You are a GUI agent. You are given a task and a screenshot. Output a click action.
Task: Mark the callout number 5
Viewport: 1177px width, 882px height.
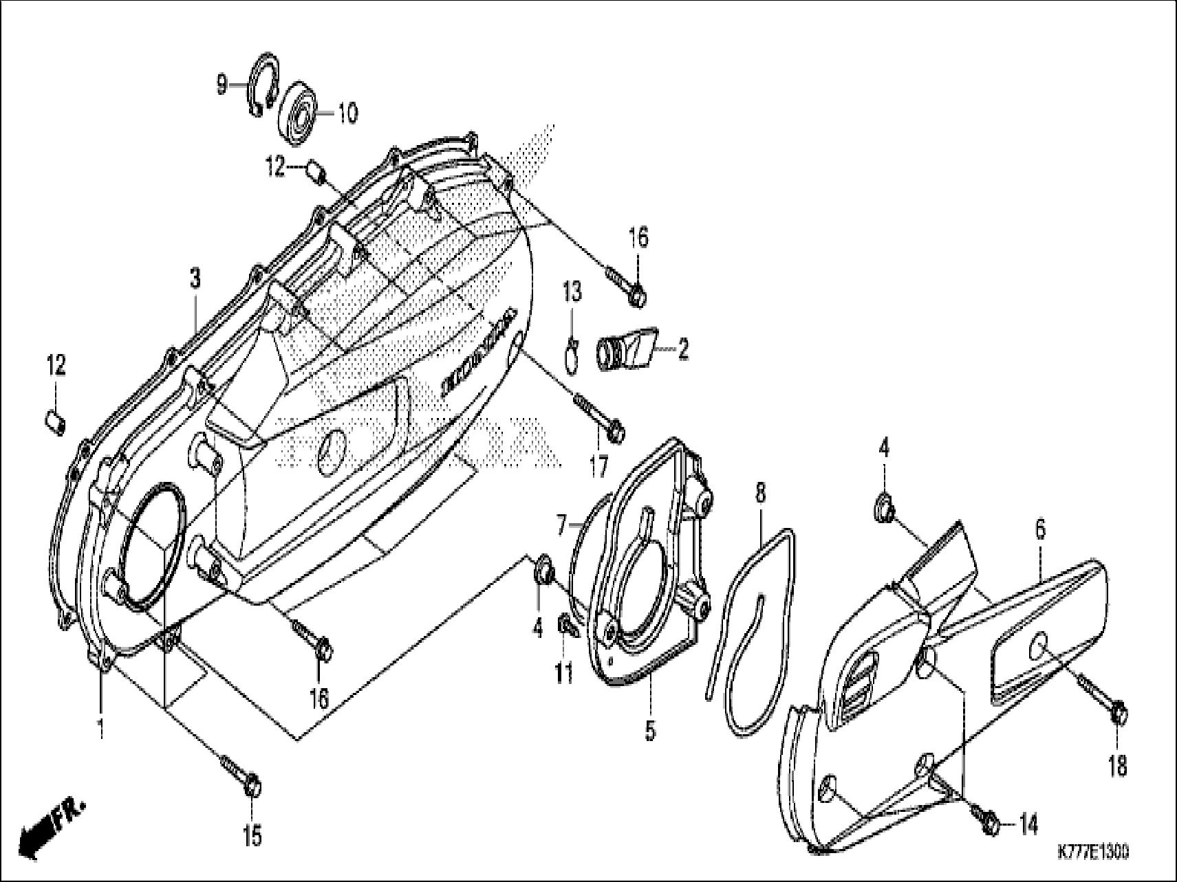coord(649,730)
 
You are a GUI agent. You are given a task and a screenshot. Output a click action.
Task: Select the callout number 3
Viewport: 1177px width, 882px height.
coord(195,279)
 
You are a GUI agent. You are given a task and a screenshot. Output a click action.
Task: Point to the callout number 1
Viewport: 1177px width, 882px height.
coord(100,729)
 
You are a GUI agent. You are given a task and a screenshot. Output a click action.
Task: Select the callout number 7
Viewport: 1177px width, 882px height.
coord(561,528)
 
